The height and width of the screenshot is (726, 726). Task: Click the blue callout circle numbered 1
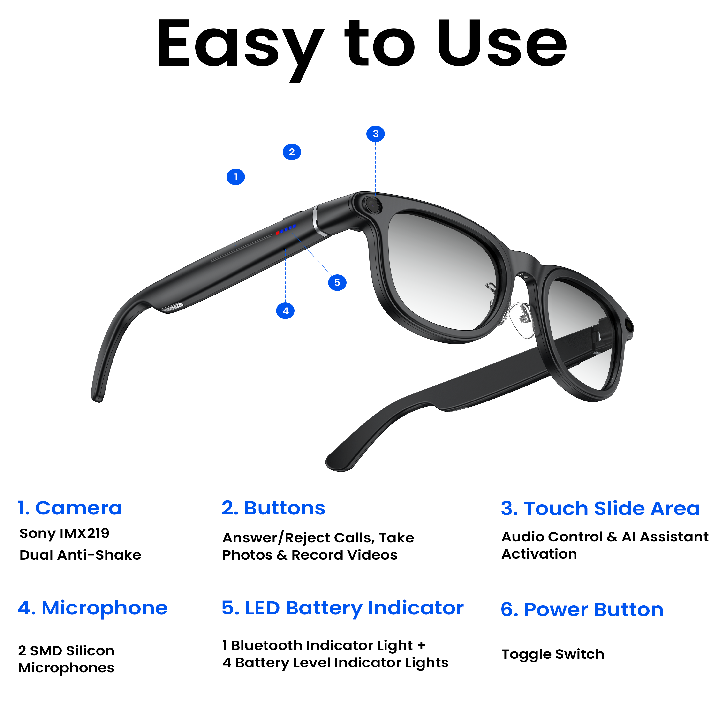click(236, 177)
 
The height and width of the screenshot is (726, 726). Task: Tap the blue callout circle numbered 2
click(292, 152)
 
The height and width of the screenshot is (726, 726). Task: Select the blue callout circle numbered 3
click(375, 134)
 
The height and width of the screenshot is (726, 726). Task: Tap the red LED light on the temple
click(278, 233)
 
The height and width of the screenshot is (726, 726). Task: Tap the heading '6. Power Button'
click(582, 610)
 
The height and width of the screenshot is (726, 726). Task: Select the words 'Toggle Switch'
click(553, 654)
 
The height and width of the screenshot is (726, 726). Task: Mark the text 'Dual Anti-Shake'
click(80, 555)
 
